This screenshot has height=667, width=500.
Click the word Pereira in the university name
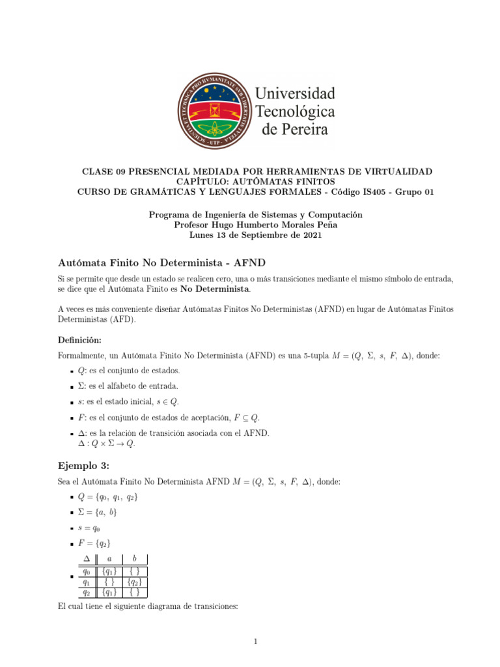(x=295, y=129)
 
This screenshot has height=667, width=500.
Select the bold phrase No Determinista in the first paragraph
(x=214, y=288)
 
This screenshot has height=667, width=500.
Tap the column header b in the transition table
(x=134, y=558)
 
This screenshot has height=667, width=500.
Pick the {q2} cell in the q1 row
(x=135, y=582)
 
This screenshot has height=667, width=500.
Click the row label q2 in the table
(x=86, y=593)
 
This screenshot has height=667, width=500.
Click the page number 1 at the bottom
(x=257, y=642)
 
